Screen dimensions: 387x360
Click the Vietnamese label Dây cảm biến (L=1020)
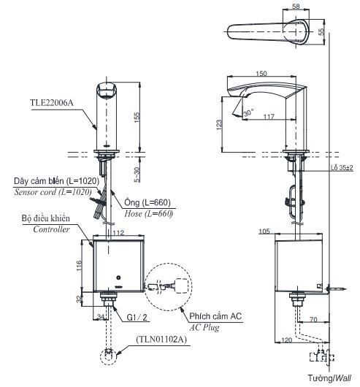50,180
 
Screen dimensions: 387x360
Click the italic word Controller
51,229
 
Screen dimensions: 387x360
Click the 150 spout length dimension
262,73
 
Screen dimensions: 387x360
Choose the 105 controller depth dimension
285,231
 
